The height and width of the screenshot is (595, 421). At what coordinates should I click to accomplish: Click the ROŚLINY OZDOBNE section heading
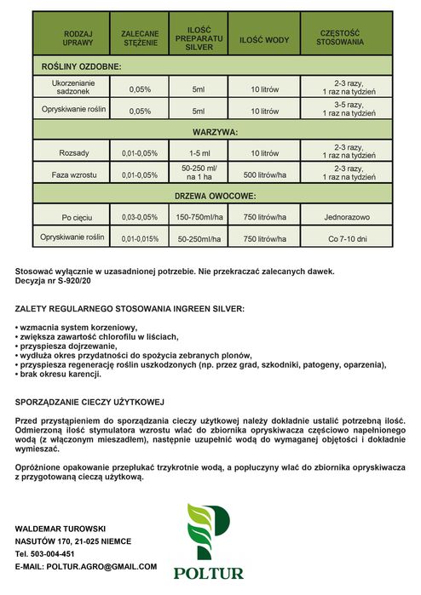pos(82,66)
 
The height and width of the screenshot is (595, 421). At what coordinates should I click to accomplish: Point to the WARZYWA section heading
pos(212,132)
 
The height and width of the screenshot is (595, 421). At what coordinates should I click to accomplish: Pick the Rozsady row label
pos(78,153)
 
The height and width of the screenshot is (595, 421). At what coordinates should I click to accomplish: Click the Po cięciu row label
pos(78,218)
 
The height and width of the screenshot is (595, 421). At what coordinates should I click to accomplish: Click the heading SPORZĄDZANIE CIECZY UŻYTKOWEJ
pos(89,401)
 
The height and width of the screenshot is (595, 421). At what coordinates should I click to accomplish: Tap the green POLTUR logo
pos(210,540)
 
